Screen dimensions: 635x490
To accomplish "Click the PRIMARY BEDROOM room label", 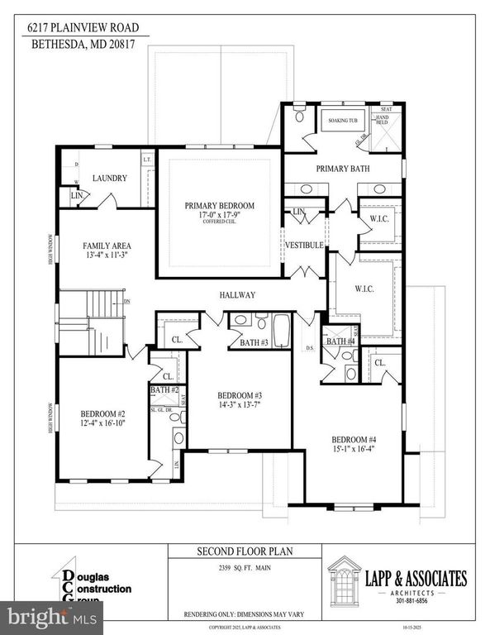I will click(x=219, y=205).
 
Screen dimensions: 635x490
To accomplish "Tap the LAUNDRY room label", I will click(x=108, y=178).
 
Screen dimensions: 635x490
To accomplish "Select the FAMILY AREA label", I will click(x=107, y=246).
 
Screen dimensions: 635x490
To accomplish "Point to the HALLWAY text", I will click(x=237, y=295).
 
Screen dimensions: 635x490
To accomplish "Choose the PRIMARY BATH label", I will click(x=343, y=169).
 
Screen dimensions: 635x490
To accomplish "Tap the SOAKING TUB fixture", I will click(x=343, y=121).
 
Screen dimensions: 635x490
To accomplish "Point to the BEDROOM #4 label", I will click(x=354, y=439).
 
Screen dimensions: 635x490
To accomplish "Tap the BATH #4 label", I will click(x=340, y=341).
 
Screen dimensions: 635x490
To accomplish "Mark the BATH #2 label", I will click(x=164, y=390).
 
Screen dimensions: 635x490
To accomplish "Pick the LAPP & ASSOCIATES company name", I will click(x=415, y=578).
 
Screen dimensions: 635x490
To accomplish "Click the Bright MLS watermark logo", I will click(x=51, y=616).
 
